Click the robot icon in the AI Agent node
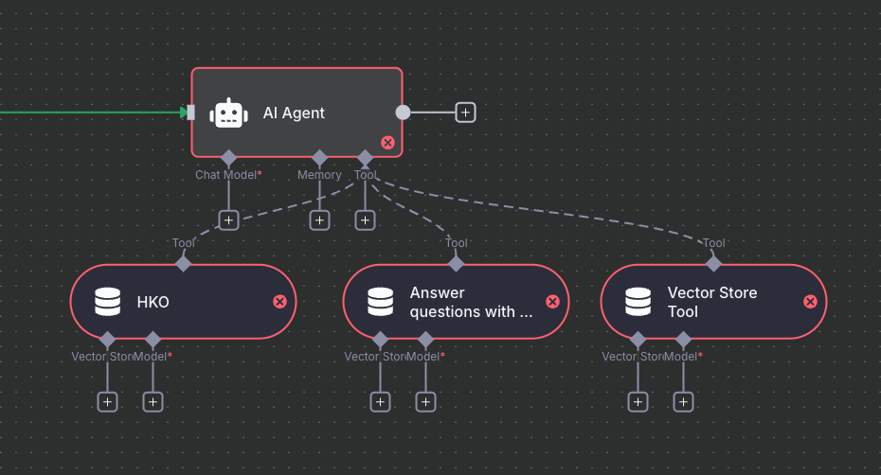228,113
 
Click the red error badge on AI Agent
387,143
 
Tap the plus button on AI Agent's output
465,113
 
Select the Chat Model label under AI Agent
228,175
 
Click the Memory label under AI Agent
319,175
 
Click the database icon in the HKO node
108,302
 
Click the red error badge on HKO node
279,302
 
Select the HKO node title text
153,302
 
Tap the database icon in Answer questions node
381,302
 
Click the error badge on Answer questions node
552,302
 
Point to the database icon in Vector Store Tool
638,302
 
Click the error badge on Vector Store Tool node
810,302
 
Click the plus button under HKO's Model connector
153,401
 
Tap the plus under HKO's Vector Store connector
108,401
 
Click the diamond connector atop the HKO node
184,263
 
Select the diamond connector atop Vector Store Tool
714,263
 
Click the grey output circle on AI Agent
403,113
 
